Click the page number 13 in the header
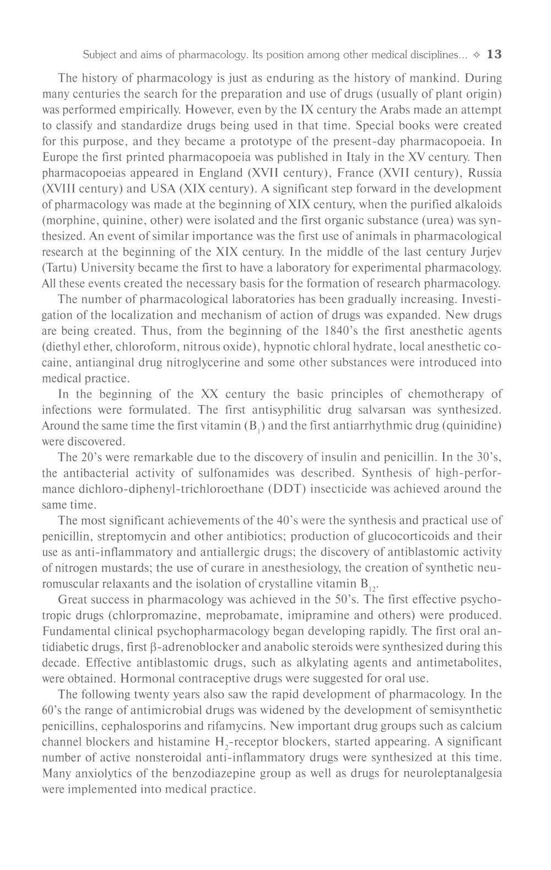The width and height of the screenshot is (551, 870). tap(495, 55)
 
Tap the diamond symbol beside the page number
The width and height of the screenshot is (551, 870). tap(477, 55)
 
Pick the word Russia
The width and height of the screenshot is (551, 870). tap(485, 173)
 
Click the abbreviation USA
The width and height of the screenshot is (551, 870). tap(159, 189)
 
